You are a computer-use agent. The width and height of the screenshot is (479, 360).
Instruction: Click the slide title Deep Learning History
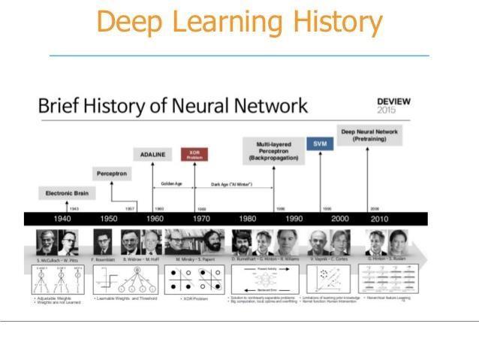239,23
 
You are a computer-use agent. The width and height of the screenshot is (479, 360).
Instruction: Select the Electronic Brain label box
68,193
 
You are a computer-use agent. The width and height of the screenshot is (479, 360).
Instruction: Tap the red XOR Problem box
194,155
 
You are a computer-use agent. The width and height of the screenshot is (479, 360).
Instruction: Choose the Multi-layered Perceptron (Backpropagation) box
273,150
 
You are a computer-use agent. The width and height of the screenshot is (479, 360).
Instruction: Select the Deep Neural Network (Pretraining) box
370,135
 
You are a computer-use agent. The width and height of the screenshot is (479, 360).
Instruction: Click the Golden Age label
173,184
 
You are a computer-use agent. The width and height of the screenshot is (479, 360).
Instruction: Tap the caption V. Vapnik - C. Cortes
328,259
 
